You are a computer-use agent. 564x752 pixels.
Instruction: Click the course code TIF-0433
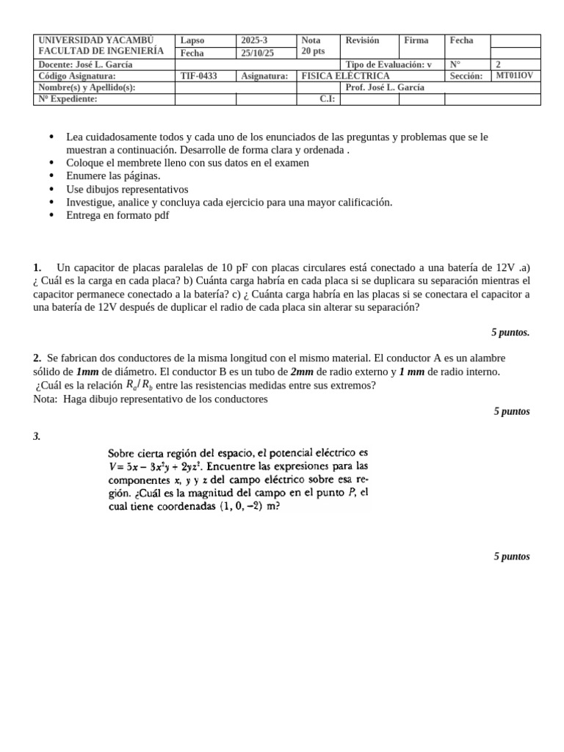198,76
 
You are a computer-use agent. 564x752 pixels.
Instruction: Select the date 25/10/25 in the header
257,53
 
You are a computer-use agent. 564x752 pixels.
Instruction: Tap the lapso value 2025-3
254,40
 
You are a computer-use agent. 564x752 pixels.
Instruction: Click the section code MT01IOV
514,76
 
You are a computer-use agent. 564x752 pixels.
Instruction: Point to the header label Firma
416,40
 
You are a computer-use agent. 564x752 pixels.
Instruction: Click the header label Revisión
362,40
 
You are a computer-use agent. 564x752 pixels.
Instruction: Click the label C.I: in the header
328,99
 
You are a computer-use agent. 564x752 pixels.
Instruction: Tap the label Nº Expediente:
68,99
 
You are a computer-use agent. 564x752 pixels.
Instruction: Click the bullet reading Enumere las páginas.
113,176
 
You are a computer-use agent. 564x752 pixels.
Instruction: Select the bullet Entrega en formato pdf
117,215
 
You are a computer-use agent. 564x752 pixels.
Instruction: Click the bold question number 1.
37,268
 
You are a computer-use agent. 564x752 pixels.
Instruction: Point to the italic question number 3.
37,437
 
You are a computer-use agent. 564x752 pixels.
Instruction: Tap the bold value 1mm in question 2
88,372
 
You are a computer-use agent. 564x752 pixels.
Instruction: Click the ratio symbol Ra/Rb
140,386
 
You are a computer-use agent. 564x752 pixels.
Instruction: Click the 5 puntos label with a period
510,333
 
